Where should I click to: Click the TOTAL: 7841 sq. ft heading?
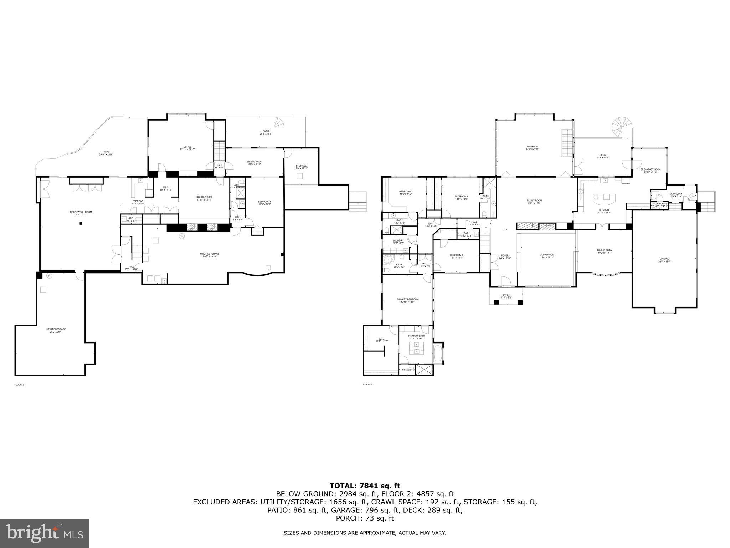tap(365, 486)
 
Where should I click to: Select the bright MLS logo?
tap(45, 533)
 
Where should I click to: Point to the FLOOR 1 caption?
tap(19, 385)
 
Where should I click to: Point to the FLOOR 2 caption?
tap(367, 385)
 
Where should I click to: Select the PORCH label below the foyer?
tap(505, 296)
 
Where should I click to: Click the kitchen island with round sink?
tap(604, 197)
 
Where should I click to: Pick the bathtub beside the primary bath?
tap(438, 354)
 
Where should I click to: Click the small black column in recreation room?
tap(81, 223)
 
